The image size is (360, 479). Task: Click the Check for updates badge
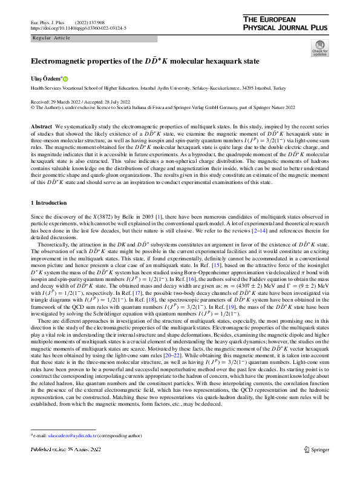(319, 48)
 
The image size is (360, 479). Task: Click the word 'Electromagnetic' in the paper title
(59, 61)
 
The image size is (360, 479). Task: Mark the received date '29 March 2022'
(71, 102)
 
